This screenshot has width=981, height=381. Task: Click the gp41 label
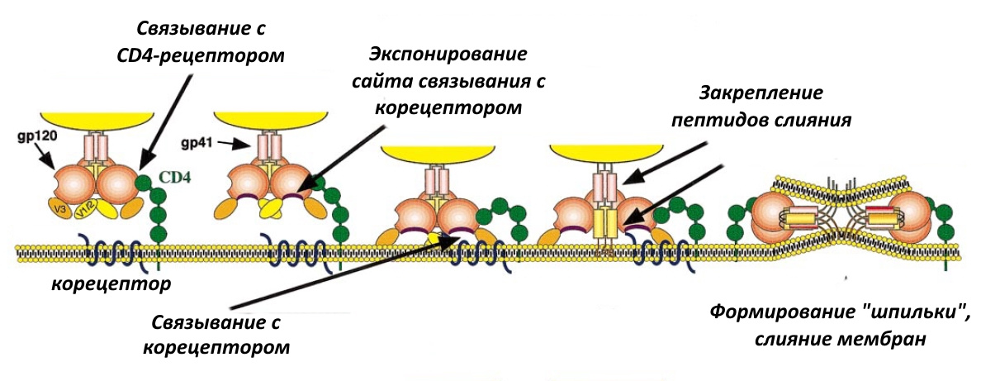pos(196,144)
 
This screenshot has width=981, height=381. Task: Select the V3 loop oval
pos(59,210)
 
